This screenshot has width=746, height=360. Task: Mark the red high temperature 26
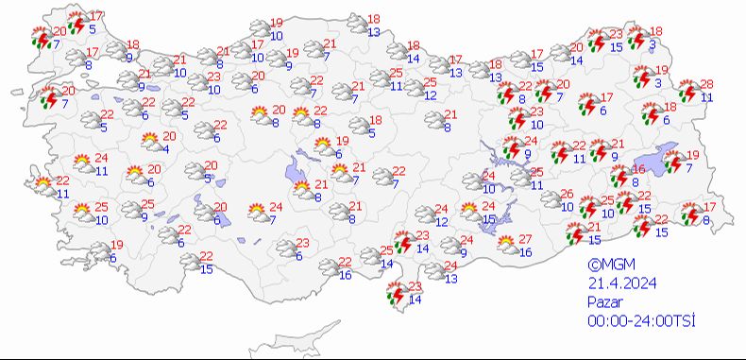[567, 194]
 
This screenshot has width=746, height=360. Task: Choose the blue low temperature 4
[165, 149]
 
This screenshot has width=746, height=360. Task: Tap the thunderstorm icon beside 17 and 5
[76, 21]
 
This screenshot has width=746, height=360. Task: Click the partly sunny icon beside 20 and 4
[149, 143]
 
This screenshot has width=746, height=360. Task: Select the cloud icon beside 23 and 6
[283, 248]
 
